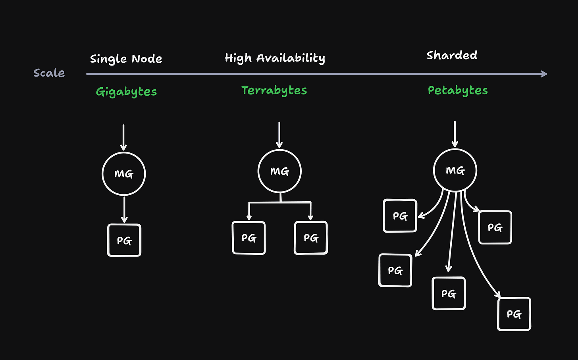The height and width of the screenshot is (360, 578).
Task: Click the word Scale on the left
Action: [x=49, y=73]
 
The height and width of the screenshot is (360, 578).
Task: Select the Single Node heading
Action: [x=126, y=59]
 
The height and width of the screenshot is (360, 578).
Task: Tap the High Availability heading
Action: [x=275, y=58]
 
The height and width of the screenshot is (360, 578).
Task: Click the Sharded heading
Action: [x=452, y=55]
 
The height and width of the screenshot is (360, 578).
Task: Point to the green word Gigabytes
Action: [x=126, y=92]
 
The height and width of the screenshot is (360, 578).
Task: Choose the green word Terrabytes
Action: [x=274, y=90]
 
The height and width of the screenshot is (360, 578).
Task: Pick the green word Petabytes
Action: [x=458, y=90]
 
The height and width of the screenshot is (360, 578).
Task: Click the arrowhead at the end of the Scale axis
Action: [x=544, y=74]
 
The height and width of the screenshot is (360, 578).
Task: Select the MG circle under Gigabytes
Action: [x=124, y=174]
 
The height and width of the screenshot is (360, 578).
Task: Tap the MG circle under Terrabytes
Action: [x=279, y=171]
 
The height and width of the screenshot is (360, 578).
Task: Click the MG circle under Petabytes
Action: [x=455, y=171]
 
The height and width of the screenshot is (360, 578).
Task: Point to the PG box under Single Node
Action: [x=124, y=241]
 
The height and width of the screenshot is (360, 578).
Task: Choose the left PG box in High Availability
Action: [x=249, y=238]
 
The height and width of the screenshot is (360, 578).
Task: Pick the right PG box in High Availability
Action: [x=311, y=238]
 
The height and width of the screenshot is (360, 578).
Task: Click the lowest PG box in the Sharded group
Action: [x=514, y=314]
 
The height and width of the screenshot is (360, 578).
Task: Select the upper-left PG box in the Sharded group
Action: [x=400, y=216]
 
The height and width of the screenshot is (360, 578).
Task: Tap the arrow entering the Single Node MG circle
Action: [x=123, y=137]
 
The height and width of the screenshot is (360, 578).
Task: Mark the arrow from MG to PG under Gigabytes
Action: [x=124, y=210]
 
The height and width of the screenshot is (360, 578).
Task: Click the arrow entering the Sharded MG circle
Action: [x=455, y=134]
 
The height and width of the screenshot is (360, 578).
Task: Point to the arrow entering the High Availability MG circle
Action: [x=279, y=135]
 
